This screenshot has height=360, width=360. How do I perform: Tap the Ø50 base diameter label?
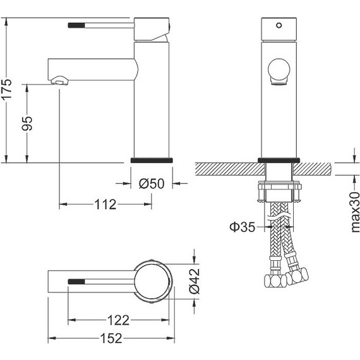pyautogui.click(x=151, y=184)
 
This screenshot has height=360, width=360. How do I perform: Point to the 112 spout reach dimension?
pyautogui.click(x=105, y=204)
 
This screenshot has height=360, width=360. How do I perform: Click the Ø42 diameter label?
pyautogui.click(x=195, y=280)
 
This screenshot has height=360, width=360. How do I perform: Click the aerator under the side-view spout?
pyautogui.click(x=58, y=81)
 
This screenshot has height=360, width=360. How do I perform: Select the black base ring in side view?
pyautogui.click(x=151, y=160)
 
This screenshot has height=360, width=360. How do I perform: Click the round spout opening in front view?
pyautogui.click(x=279, y=68)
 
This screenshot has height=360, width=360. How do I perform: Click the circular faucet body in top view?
pyautogui.click(x=152, y=280)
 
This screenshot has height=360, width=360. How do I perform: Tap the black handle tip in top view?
pyautogui.click(x=75, y=280)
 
